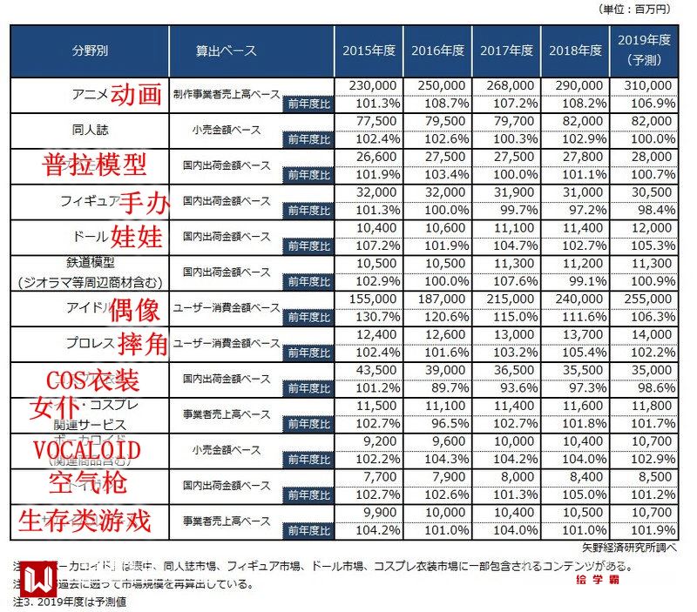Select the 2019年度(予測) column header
tap(644, 50)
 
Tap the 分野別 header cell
tap(90, 50)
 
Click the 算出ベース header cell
tap(226, 50)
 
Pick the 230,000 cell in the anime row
tap(374, 86)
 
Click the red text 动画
tap(137, 93)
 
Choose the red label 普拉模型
tap(95, 165)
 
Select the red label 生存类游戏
tap(85, 521)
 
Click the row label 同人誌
tap(90, 130)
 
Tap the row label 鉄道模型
tap(90, 261)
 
